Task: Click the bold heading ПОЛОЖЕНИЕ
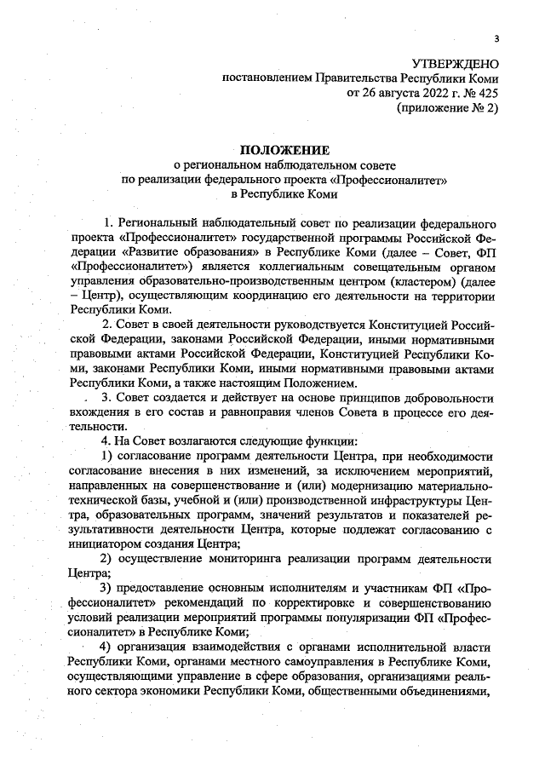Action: pos(283,151)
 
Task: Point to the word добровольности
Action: pos(446,399)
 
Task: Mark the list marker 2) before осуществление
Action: pos(108,558)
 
